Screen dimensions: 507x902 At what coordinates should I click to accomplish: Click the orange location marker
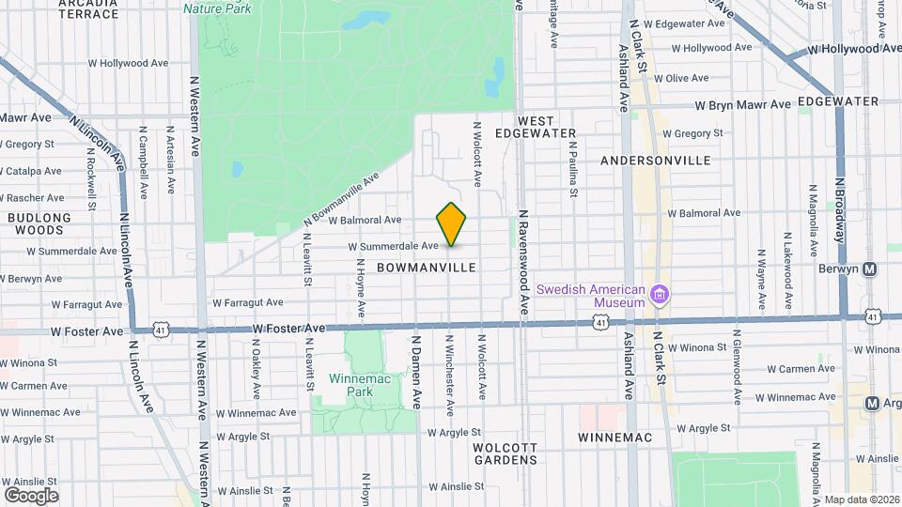pyautogui.click(x=452, y=225)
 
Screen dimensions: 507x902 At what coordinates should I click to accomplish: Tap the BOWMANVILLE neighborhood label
pyautogui.click(x=427, y=268)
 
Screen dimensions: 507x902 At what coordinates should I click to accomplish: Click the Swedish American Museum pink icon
pyautogui.click(x=659, y=296)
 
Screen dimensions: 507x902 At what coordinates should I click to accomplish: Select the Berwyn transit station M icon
pyautogui.click(x=869, y=269)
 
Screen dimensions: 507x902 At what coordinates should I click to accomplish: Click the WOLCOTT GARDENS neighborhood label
pyautogui.click(x=505, y=453)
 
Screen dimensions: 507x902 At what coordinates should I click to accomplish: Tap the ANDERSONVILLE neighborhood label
pyautogui.click(x=656, y=161)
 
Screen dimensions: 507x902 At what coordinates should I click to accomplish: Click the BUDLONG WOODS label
pyautogui.click(x=39, y=223)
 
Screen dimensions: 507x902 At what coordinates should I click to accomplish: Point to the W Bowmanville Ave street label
pyautogui.click(x=342, y=199)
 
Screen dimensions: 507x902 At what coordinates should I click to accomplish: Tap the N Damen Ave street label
pyautogui.click(x=414, y=374)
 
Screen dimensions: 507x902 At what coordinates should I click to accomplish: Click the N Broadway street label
pyautogui.click(x=840, y=187)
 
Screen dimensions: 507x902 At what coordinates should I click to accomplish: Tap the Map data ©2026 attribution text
pyautogui.click(x=862, y=499)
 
